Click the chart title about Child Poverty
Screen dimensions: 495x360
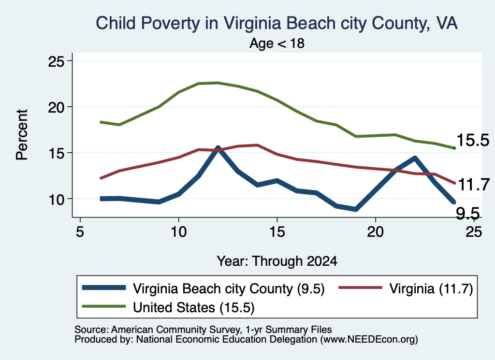pyautogui.click(x=277, y=23)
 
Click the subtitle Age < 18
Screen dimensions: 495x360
pyautogui.click(x=277, y=43)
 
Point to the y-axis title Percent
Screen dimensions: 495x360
pyautogui.click(x=22, y=135)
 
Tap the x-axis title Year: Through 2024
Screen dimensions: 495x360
pyautogui.click(x=277, y=261)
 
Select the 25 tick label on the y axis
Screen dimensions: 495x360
pyautogui.click(x=56, y=61)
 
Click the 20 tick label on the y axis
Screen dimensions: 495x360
pyautogui.click(x=56, y=107)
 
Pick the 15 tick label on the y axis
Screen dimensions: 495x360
pyautogui.click(x=56, y=153)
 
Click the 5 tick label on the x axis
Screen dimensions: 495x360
pyautogui.click(x=80, y=232)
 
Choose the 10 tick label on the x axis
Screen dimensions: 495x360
pyautogui.click(x=179, y=232)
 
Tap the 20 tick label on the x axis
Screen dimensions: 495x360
pyautogui.click(x=375, y=232)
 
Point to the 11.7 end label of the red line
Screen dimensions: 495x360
pyautogui.click(x=474, y=185)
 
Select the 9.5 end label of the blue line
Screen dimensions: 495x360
pyautogui.click(x=468, y=214)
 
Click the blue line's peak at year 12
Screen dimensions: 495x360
pyautogui.click(x=218, y=148)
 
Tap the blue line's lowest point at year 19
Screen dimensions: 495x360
pyautogui.click(x=356, y=209)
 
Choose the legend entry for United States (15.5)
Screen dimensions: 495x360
pyautogui.click(x=168, y=307)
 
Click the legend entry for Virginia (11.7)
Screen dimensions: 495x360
pyautogui.click(x=406, y=288)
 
